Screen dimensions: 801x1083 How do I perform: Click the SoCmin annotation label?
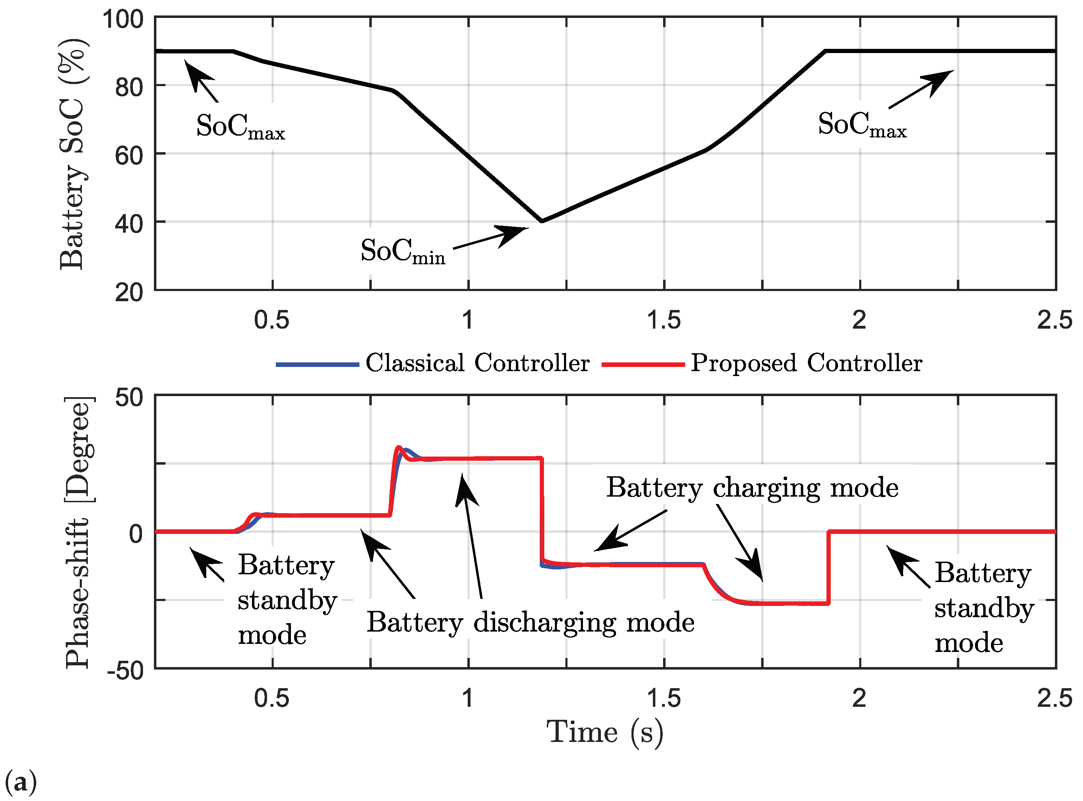click(402, 251)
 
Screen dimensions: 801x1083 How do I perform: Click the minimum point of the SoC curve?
click(541, 221)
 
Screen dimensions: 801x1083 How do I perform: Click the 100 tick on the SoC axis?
click(123, 19)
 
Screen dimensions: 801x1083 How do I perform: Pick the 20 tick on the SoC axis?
click(129, 293)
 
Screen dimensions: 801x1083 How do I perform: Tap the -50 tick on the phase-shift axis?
click(125, 671)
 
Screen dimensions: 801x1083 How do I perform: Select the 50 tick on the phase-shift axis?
click(129, 398)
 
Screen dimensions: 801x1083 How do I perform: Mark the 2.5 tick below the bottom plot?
click(1055, 698)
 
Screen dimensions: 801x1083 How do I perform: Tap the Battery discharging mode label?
click(530, 622)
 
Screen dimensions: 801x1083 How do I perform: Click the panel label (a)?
click(20, 782)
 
